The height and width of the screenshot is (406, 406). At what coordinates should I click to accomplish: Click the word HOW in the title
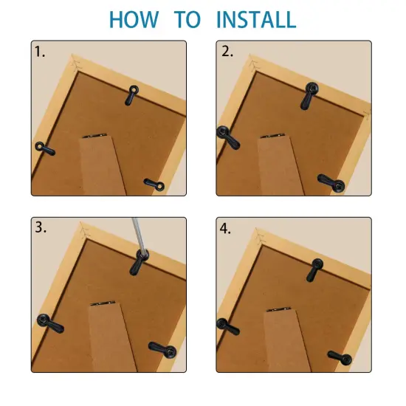point(134,19)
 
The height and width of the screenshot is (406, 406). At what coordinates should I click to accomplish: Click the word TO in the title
point(189,19)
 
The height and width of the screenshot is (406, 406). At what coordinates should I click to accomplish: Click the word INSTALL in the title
point(256,19)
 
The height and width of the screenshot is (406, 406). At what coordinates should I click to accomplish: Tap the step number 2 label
point(227,52)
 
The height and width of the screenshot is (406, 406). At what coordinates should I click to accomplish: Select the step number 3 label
point(41,228)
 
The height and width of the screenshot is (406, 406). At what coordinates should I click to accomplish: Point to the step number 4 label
point(227,228)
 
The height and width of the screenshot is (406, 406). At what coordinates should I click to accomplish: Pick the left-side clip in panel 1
point(44,148)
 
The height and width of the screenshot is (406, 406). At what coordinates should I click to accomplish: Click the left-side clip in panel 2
point(225,135)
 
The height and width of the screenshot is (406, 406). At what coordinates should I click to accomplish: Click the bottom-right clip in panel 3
point(162,348)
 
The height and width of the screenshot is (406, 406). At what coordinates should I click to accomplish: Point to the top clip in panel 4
point(315,270)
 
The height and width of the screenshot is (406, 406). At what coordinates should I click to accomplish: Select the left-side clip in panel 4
point(227,326)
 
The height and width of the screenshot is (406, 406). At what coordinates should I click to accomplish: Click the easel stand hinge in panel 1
point(94,136)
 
